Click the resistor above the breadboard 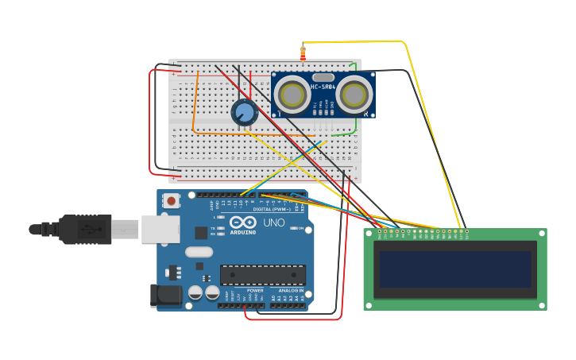click(x=303, y=53)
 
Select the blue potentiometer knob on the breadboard click(x=245, y=113)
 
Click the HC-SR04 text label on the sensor click(x=323, y=87)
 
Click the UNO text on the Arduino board click(x=273, y=223)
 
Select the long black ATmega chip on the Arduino click(x=262, y=275)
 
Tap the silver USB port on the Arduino click(x=161, y=230)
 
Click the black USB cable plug click(x=84, y=230)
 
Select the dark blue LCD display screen click(x=454, y=269)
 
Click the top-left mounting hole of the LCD click(x=369, y=234)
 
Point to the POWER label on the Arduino click(x=255, y=291)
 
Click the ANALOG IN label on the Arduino click(x=290, y=291)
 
